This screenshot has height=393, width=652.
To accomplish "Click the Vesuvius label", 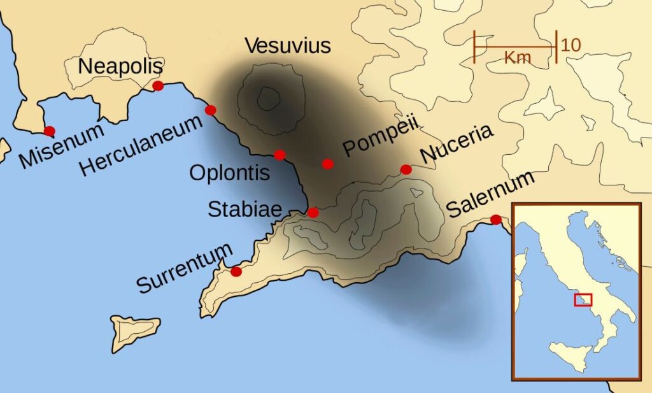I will pyautogui.click(x=288, y=46).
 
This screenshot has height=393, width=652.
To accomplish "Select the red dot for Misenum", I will pyautogui.click(x=49, y=131).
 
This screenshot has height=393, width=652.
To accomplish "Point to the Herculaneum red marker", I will pyautogui.click(x=211, y=110).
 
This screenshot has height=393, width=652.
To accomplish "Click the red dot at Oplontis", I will pyautogui.click(x=280, y=155).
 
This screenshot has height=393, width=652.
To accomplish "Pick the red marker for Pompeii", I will pyautogui.click(x=328, y=164).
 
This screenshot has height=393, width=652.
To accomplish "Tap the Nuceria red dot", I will pyautogui.click(x=406, y=169).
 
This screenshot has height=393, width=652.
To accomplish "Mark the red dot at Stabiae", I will pyautogui.click(x=313, y=212).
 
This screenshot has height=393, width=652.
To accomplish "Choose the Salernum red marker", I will pyautogui.click(x=495, y=220).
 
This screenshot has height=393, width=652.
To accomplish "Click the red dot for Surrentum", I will pyautogui.click(x=236, y=271).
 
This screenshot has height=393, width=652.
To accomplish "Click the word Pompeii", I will pyautogui.click(x=379, y=141).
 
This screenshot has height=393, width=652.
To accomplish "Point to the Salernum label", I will pyautogui.click(x=489, y=193).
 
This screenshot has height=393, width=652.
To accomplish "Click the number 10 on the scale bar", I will pyautogui.click(x=571, y=45).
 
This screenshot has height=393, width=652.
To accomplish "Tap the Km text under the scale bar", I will pyautogui.click(x=517, y=58).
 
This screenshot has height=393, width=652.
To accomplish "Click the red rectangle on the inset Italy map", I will pyautogui.click(x=583, y=299).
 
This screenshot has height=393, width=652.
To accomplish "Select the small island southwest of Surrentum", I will pyautogui.click(x=136, y=331).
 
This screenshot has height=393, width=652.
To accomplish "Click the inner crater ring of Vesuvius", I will pyautogui.click(x=269, y=98).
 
